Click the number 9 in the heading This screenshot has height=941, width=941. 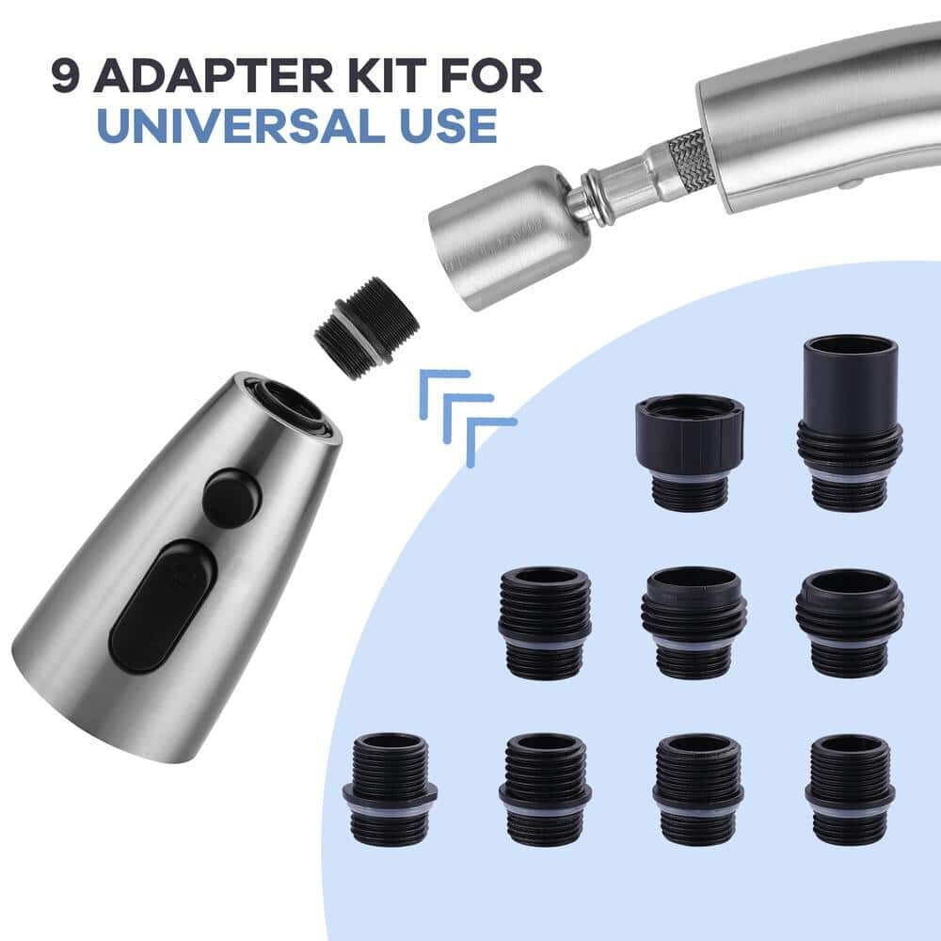[65, 76]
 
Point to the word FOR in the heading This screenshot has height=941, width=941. [497, 76]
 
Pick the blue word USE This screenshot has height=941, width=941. [442, 125]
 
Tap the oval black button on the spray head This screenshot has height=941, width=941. [162, 606]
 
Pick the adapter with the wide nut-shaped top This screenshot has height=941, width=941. [689, 451]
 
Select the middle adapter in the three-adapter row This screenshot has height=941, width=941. [694, 621]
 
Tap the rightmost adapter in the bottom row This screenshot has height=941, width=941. [850, 789]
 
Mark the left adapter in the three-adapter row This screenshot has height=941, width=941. [545, 621]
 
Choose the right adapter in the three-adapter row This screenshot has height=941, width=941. [850, 621]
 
